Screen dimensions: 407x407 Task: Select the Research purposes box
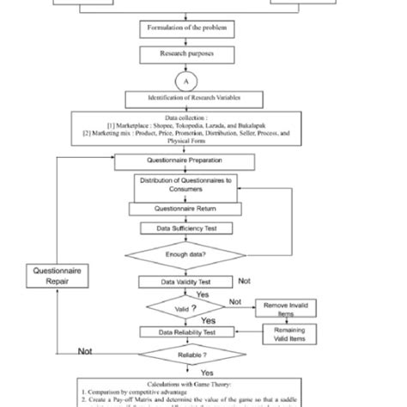(x=180, y=54)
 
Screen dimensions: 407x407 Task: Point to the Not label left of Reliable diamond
(x=86, y=351)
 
